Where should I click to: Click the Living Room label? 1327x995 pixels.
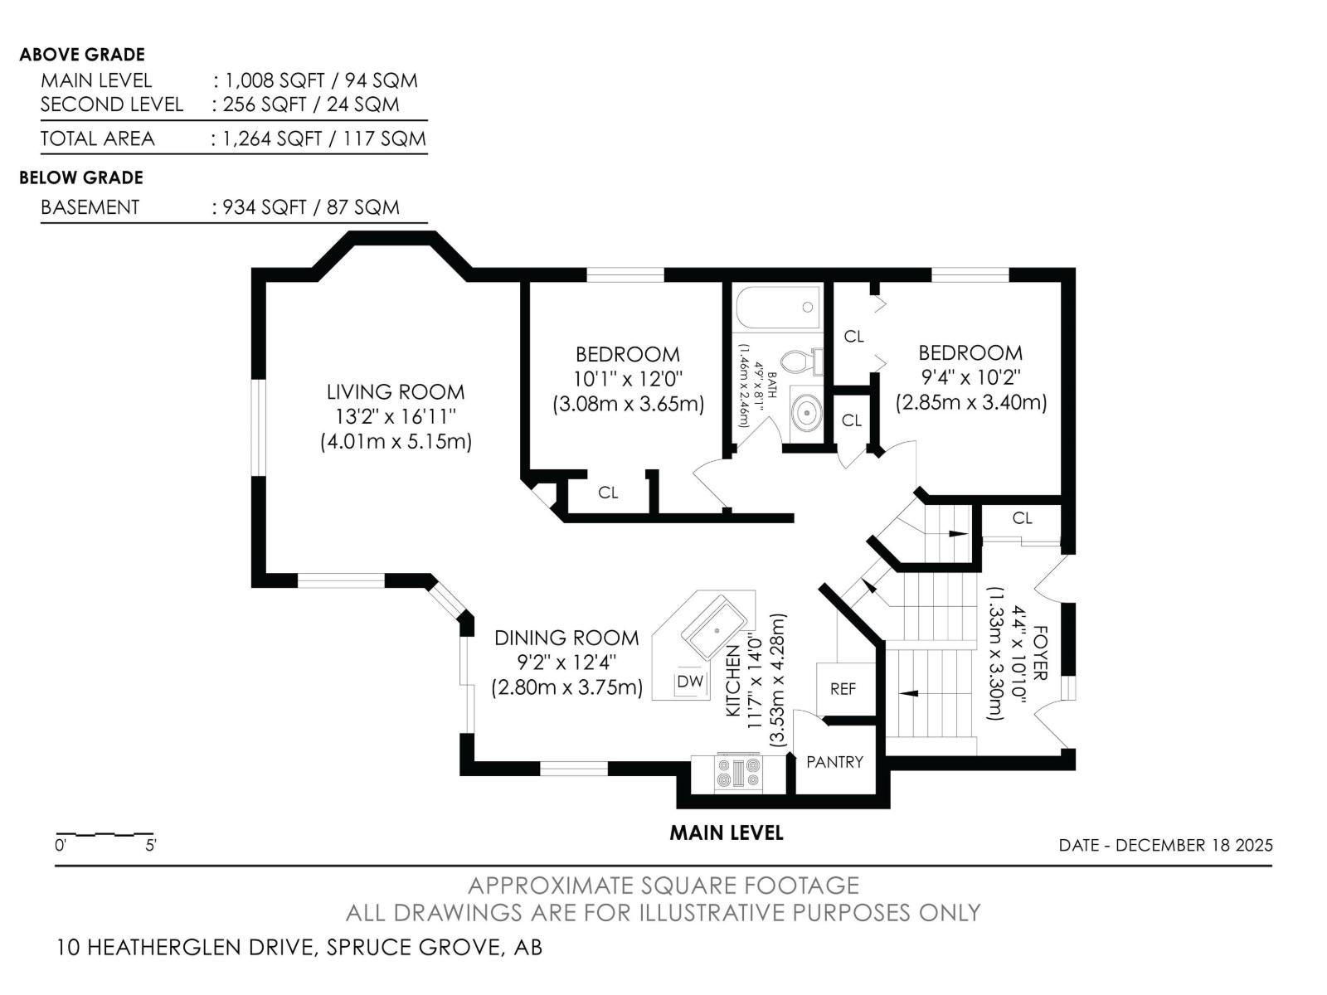coord(396,392)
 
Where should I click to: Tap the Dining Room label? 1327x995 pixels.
coord(566,638)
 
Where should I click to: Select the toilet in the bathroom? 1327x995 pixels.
coord(802,362)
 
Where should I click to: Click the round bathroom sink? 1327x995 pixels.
coord(807,413)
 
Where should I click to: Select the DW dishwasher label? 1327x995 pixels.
coord(690,682)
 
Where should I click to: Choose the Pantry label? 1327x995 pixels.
coord(835,762)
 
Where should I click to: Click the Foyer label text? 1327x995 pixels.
coord(1040,653)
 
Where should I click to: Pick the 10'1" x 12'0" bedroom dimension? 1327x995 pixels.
coord(628,380)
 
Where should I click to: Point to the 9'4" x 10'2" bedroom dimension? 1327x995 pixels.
coord(971,377)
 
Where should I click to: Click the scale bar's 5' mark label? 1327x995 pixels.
coord(151,845)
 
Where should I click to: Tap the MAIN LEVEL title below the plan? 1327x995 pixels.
coord(726,833)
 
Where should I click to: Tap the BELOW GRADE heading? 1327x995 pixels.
coord(81,177)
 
